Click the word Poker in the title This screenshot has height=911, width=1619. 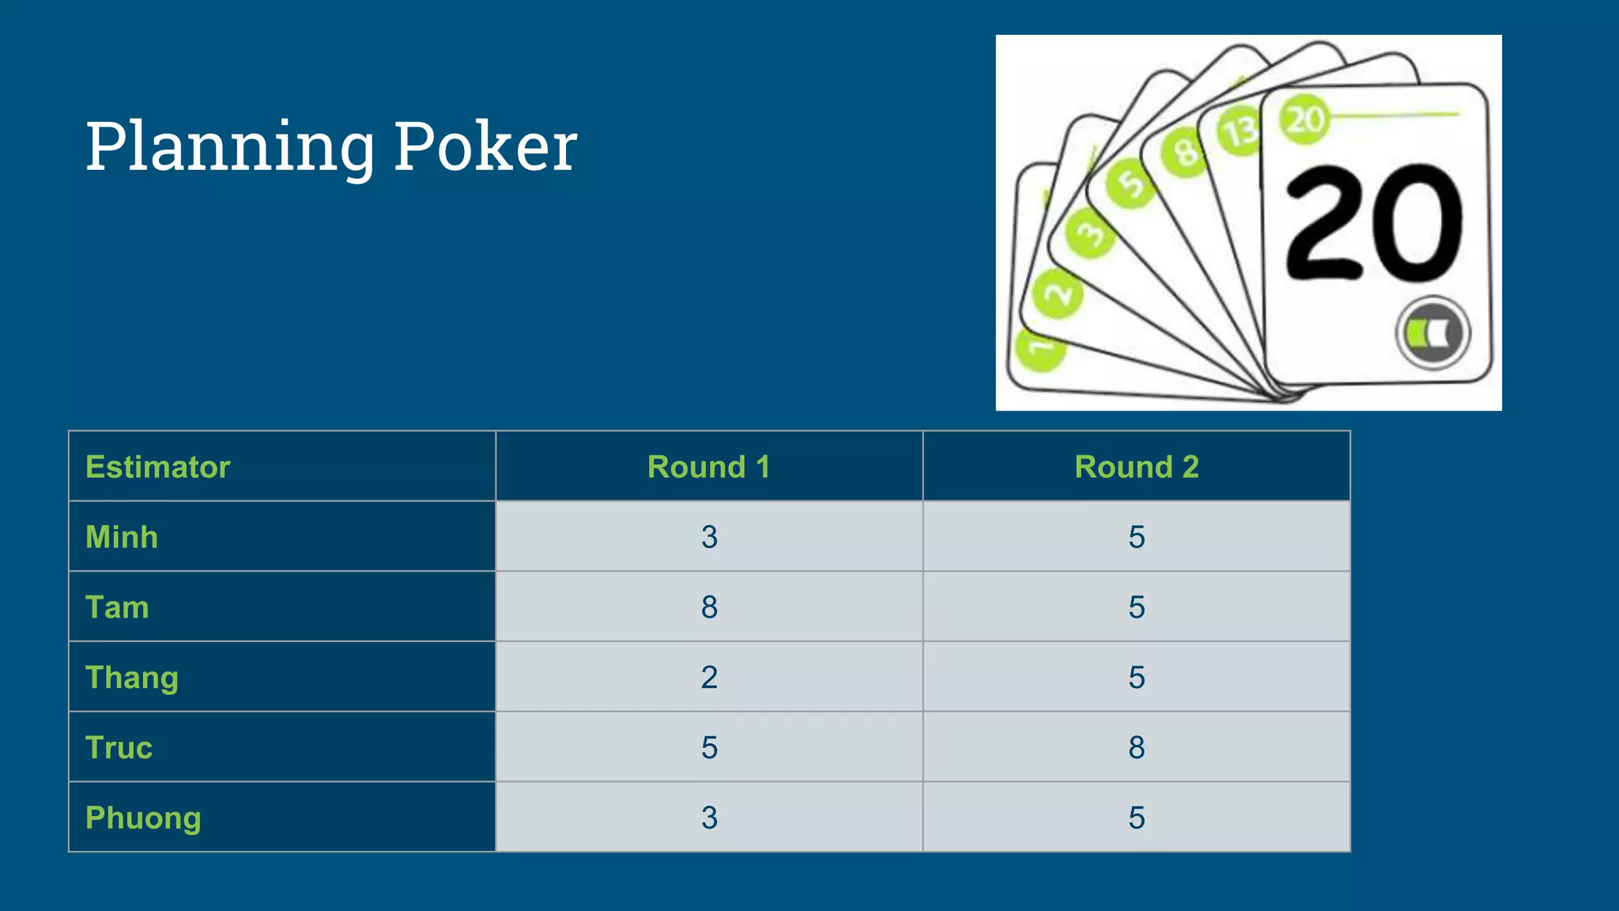[x=485, y=147]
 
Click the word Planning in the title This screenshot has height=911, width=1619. [x=230, y=147]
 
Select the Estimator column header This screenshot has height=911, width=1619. [x=158, y=467]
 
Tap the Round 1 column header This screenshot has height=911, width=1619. [x=708, y=467]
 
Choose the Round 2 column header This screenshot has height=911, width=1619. [x=1136, y=467]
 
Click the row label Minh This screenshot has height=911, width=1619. [x=122, y=537]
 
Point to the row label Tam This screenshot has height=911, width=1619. [x=117, y=607]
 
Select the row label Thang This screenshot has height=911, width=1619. [x=132, y=678]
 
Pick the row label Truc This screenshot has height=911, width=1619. [x=119, y=747]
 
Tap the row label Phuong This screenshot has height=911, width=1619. [x=143, y=818]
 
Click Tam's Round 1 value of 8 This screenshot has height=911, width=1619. [x=709, y=607]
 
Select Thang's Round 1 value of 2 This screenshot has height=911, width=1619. [x=709, y=678]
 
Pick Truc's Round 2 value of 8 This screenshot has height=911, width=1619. [x=1136, y=747]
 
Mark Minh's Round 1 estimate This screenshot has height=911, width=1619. [x=709, y=537]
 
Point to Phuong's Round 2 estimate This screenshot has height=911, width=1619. [x=1136, y=818]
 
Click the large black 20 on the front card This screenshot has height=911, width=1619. [x=1374, y=224]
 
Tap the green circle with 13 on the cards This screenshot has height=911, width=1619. [x=1240, y=130]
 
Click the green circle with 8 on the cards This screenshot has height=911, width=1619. [x=1184, y=152]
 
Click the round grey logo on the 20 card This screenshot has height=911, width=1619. [x=1432, y=333]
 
